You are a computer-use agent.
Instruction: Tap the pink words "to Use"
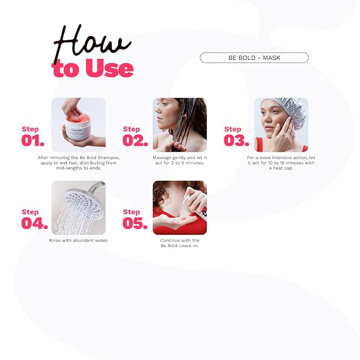coord(93,68)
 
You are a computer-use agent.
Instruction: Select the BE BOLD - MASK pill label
coord(254,58)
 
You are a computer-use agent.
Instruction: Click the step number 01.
coord(33,141)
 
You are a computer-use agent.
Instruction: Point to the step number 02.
coord(135,141)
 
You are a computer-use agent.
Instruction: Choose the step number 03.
coord(236,141)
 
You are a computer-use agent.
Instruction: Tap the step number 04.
coord(34,223)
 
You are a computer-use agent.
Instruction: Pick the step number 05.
coord(135,223)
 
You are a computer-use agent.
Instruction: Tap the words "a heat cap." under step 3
coord(281,168)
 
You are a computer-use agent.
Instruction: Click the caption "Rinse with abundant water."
coord(78,240)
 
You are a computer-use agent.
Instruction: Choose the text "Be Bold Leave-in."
coord(180,245)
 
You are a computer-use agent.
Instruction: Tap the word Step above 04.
coord(30,212)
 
